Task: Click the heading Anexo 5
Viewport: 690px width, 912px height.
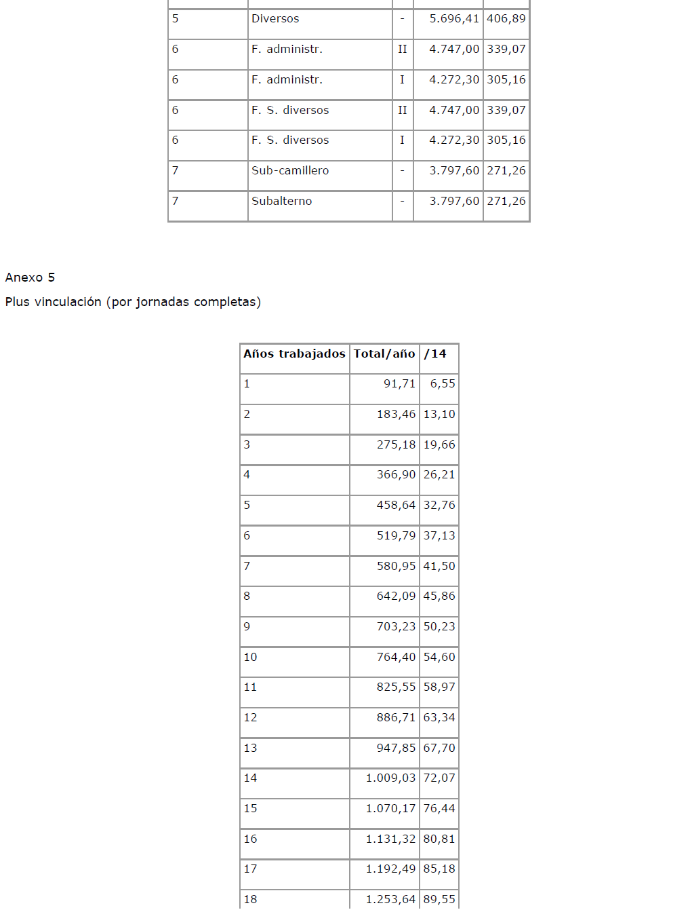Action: tap(30, 278)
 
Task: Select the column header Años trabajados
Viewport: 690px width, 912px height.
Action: tap(294, 354)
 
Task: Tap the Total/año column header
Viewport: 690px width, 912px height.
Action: tap(384, 354)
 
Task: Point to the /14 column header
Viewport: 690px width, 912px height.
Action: tap(435, 354)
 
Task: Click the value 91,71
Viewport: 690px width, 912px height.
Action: tap(399, 384)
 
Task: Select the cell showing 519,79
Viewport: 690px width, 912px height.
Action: tap(396, 536)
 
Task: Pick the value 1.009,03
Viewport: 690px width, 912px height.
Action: tap(390, 778)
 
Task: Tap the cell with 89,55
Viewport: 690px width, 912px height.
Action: tap(439, 900)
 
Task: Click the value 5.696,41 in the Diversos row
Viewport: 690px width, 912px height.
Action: tap(454, 19)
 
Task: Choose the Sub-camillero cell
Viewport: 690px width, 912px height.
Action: tap(290, 171)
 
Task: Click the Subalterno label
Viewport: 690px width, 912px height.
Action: tap(282, 202)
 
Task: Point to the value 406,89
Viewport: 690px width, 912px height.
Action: tap(506, 19)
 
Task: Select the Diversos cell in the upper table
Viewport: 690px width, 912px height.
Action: tap(275, 19)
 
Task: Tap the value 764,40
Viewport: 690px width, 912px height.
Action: tap(396, 658)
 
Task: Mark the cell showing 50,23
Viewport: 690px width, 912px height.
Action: tap(439, 627)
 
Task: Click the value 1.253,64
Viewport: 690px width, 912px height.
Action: tap(390, 900)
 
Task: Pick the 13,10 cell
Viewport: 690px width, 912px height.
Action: tap(439, 415)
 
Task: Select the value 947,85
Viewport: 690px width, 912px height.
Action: tap(396, 748)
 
